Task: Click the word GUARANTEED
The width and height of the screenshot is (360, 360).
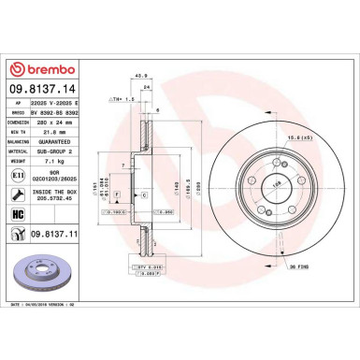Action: pyautogui.click(x=70, y=140)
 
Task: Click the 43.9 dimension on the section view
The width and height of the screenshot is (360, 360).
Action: pyautogui.click(x=142, y=76)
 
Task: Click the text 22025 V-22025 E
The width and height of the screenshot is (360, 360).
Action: pyautogui.click(x=72, y=103)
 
